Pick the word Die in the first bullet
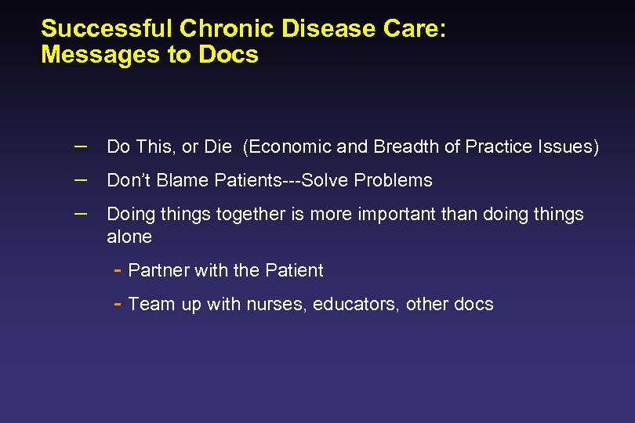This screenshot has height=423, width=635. pos(217,146)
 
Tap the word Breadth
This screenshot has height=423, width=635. pos(402,146)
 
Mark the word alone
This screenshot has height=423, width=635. pos(129,237)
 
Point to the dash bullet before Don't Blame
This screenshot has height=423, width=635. pos(82,179)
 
